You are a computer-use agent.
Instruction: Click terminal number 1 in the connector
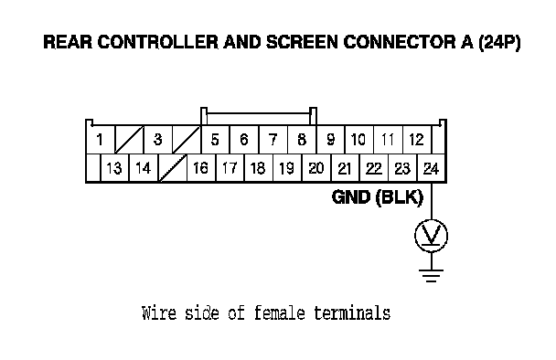point(100,139)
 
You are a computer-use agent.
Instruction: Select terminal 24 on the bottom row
point(432,168)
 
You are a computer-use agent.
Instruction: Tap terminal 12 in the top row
point(417,139)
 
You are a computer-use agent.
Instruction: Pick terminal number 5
point(215,139)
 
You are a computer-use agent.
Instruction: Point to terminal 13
point(114,168)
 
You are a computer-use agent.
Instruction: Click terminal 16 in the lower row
point(200,168)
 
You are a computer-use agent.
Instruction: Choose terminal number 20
point(315,168)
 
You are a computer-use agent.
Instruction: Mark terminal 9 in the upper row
point(330,139)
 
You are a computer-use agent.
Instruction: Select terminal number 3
point(158,139)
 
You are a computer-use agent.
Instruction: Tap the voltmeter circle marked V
point(432,236)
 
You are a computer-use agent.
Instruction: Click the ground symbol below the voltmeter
point(432,276)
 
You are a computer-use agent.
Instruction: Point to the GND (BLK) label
point(378,197)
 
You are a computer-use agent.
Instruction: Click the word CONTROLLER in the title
point(158,42)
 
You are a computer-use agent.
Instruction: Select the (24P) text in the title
point(499,42)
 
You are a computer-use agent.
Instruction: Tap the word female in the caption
point(280,313)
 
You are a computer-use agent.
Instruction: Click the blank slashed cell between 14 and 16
point(173,168)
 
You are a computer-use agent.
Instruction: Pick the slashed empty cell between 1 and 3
point(129,139)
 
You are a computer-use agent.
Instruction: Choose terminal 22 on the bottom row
point(374,168)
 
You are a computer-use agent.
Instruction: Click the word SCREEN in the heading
point(302,42)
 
